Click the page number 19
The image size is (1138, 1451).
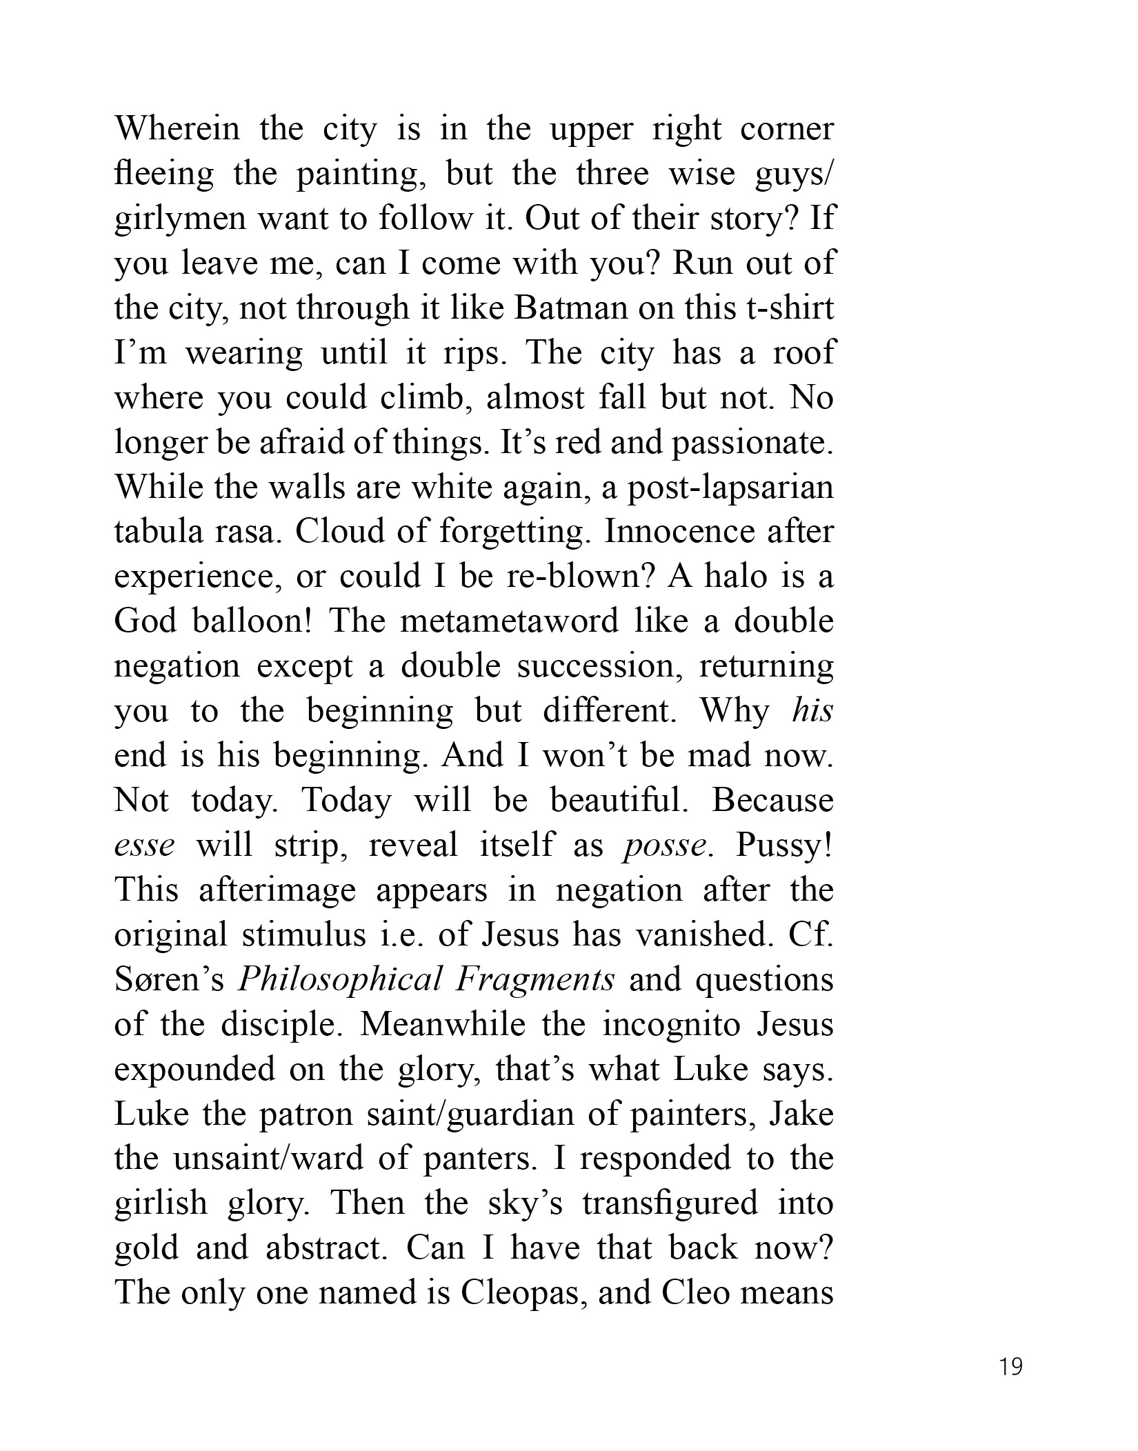point(1011,1366)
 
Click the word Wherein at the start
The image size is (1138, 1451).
point(177,129)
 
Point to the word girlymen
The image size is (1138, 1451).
point(180,219)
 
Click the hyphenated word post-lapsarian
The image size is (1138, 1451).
point(725,488)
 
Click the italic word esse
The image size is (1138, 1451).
point(144,845)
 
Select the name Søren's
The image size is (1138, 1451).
point(170,980)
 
